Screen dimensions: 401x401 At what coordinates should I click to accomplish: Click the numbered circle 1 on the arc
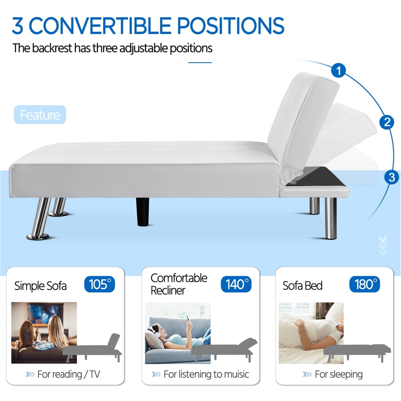339,71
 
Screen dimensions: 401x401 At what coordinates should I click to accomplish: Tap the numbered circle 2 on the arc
387,122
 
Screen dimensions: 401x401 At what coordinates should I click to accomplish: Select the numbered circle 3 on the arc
391,177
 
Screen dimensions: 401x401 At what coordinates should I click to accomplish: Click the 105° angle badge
99,284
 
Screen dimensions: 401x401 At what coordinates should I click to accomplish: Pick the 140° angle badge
236,284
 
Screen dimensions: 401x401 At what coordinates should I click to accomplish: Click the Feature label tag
40,115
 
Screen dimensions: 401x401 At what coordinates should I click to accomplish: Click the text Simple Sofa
41,286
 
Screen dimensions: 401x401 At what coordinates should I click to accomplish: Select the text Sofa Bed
302,286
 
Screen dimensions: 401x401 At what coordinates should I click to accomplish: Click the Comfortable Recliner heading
179,284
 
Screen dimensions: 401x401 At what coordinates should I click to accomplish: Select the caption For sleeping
338,375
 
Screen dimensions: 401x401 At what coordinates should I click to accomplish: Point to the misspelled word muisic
234,375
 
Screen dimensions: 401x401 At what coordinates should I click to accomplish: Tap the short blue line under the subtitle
200,62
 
